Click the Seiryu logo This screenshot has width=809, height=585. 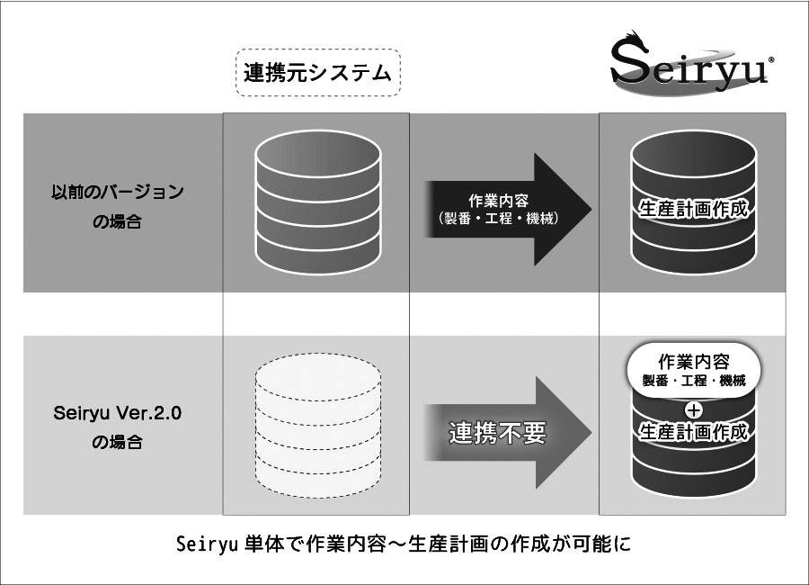click(688, 65)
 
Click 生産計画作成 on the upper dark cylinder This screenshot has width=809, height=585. click(693, 208)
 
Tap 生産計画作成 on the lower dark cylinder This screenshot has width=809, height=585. click(693, 432)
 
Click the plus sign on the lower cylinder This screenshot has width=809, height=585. click(693, 409)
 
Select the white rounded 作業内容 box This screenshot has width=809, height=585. click(693, 370)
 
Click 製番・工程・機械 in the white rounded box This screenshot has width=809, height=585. click(693, 381)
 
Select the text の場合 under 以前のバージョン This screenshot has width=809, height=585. click(117, 221)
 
